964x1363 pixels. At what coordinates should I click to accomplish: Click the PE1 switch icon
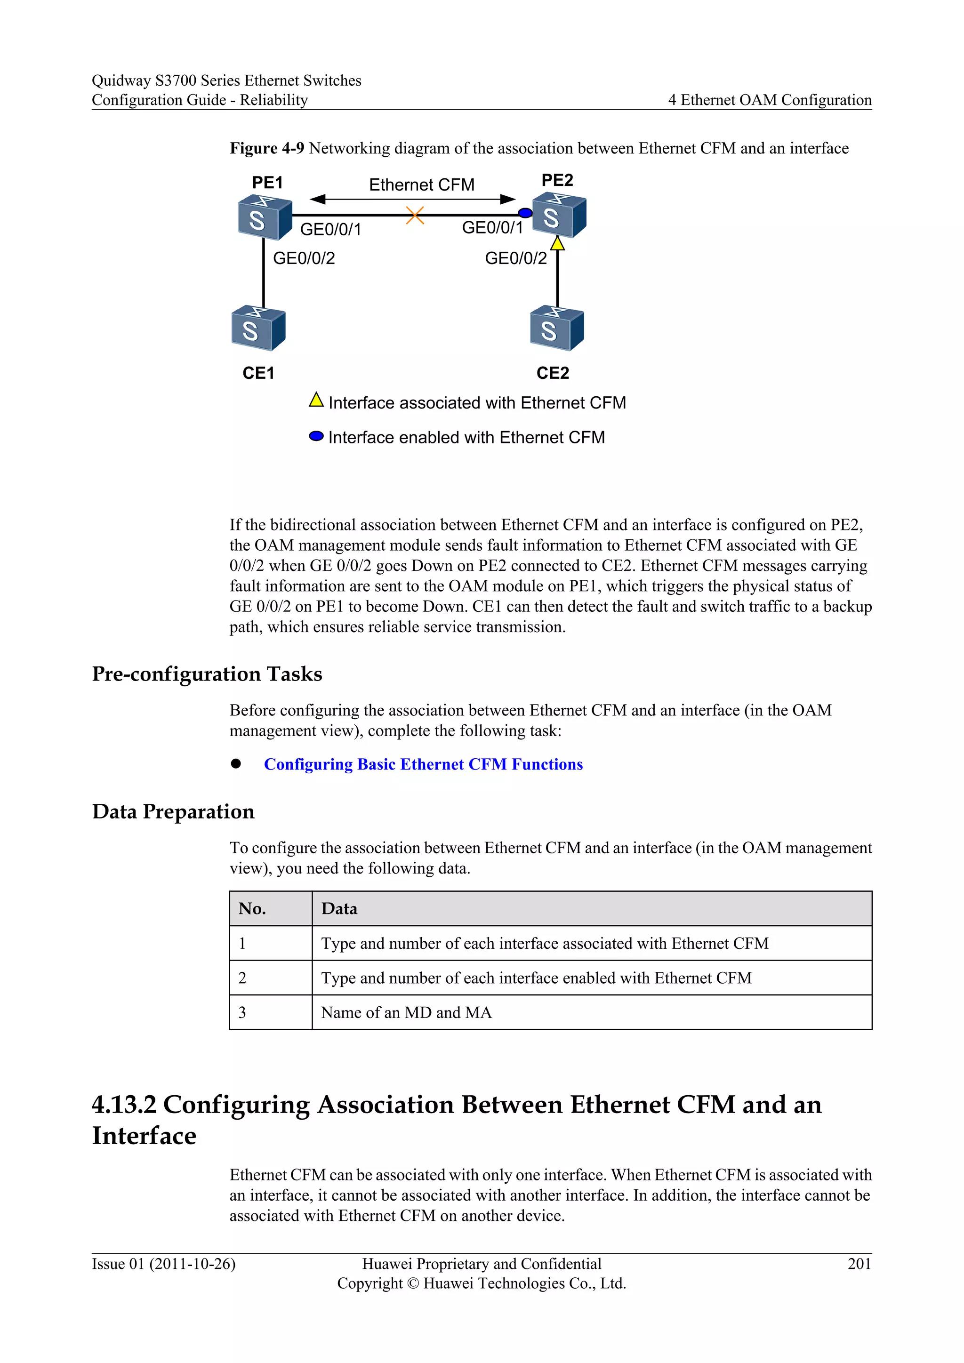tap(264, 217)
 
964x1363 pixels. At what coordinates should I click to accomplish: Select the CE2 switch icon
tap(557, 329)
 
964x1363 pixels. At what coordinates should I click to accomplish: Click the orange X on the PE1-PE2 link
tap(415, 216)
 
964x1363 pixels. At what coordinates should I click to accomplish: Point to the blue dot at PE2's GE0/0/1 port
tap(525, 213)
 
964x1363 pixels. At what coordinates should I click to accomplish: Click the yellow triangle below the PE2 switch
tap(557, 243)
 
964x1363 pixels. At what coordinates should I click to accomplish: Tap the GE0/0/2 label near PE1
tap(304, 258)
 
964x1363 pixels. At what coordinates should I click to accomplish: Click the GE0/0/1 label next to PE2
tap(492, 228)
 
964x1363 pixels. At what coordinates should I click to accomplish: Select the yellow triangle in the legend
tap(316, 400)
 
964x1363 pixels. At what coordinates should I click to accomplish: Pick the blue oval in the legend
tap(316, 437)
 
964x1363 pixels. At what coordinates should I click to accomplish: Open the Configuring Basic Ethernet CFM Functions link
tap(423, 765)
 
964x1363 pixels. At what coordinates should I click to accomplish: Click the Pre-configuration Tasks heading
tap(207, 674)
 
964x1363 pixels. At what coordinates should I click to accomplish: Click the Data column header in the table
tap(339, 909)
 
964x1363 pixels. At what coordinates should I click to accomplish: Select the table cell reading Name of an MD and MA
tap(407, 1013)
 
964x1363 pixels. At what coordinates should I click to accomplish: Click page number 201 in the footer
tap(859, 1264)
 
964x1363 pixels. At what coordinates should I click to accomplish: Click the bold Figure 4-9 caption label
tap(266, 148)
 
